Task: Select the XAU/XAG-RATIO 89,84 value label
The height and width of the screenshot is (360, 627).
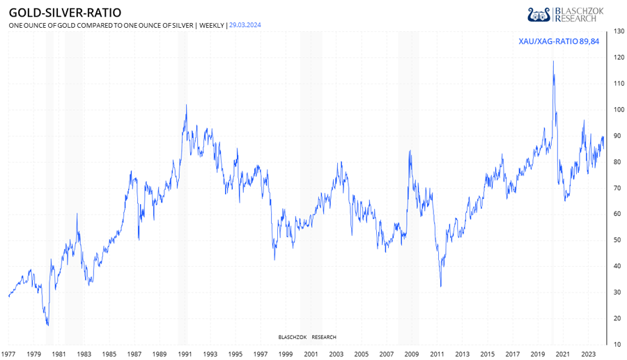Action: click(x=559, y=42)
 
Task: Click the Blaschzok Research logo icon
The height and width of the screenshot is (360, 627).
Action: click(x=540, y=15)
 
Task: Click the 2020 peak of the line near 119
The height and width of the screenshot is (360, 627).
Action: click(x=553, y=61)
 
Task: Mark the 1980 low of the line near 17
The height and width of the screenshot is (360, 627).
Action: click(x=47, y=325)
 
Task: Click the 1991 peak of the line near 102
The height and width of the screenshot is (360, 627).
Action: click(x=186, y=105)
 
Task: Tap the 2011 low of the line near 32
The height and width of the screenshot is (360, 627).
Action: click(x=440, y=286)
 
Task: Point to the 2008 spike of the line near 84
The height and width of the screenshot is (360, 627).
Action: click(x=410, y=151)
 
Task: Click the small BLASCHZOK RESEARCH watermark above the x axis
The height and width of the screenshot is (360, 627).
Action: click(x=307, y=337)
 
